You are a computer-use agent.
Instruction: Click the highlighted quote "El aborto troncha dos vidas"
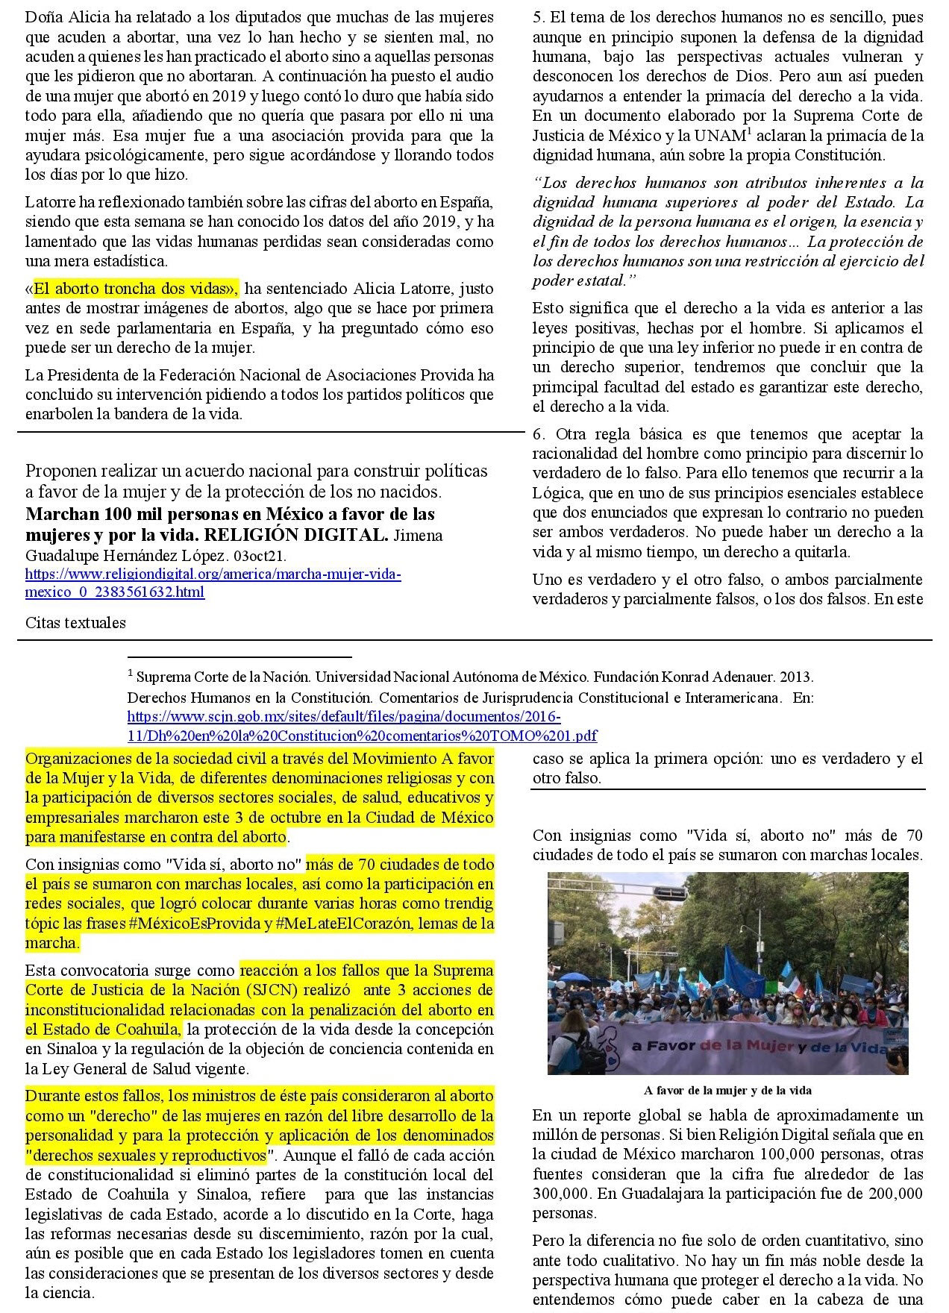tap(134, 289)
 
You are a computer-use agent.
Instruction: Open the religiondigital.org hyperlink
tap(213, 583)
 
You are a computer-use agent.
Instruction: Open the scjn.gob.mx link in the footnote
tap(362, 726)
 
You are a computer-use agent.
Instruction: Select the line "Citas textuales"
tap(75, 623)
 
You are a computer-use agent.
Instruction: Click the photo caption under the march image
tap(727, 1091)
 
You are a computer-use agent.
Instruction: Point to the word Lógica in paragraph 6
tap(558, 493)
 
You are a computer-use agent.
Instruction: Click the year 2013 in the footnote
tap(795, 677)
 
